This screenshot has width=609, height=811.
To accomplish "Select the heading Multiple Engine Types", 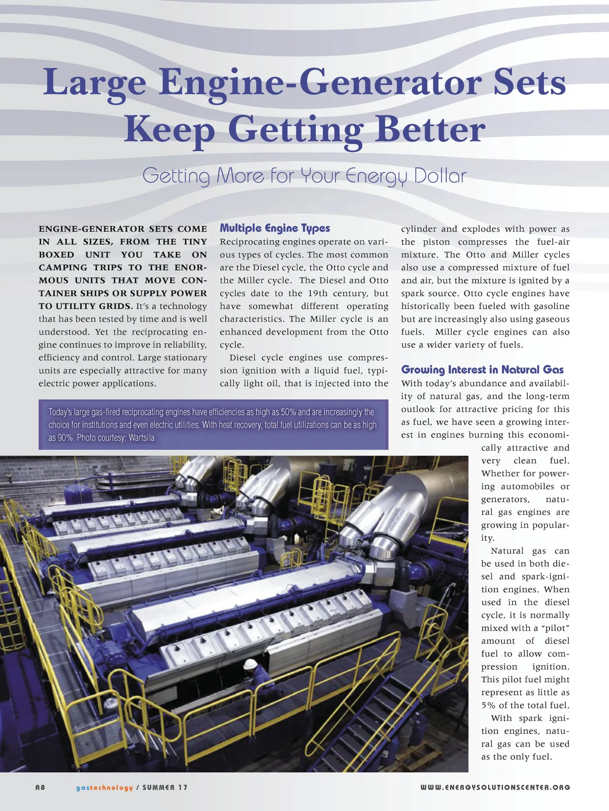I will coord(275,228).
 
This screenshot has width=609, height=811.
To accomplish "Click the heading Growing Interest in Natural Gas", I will coord(482,370).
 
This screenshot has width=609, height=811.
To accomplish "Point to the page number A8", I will coord(40,787).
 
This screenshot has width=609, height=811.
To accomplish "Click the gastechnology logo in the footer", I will coord(104,787).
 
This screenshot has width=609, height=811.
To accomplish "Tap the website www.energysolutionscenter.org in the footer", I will coord(495,787).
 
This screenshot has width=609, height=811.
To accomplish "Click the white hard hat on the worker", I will coord(250,663).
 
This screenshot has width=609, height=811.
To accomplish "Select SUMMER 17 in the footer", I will coord(164,787).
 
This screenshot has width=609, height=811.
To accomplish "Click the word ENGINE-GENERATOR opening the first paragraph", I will coord(91,229).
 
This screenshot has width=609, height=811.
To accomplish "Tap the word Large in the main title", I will coord(94,82).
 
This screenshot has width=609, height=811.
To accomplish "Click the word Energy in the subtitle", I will coord(377,176).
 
